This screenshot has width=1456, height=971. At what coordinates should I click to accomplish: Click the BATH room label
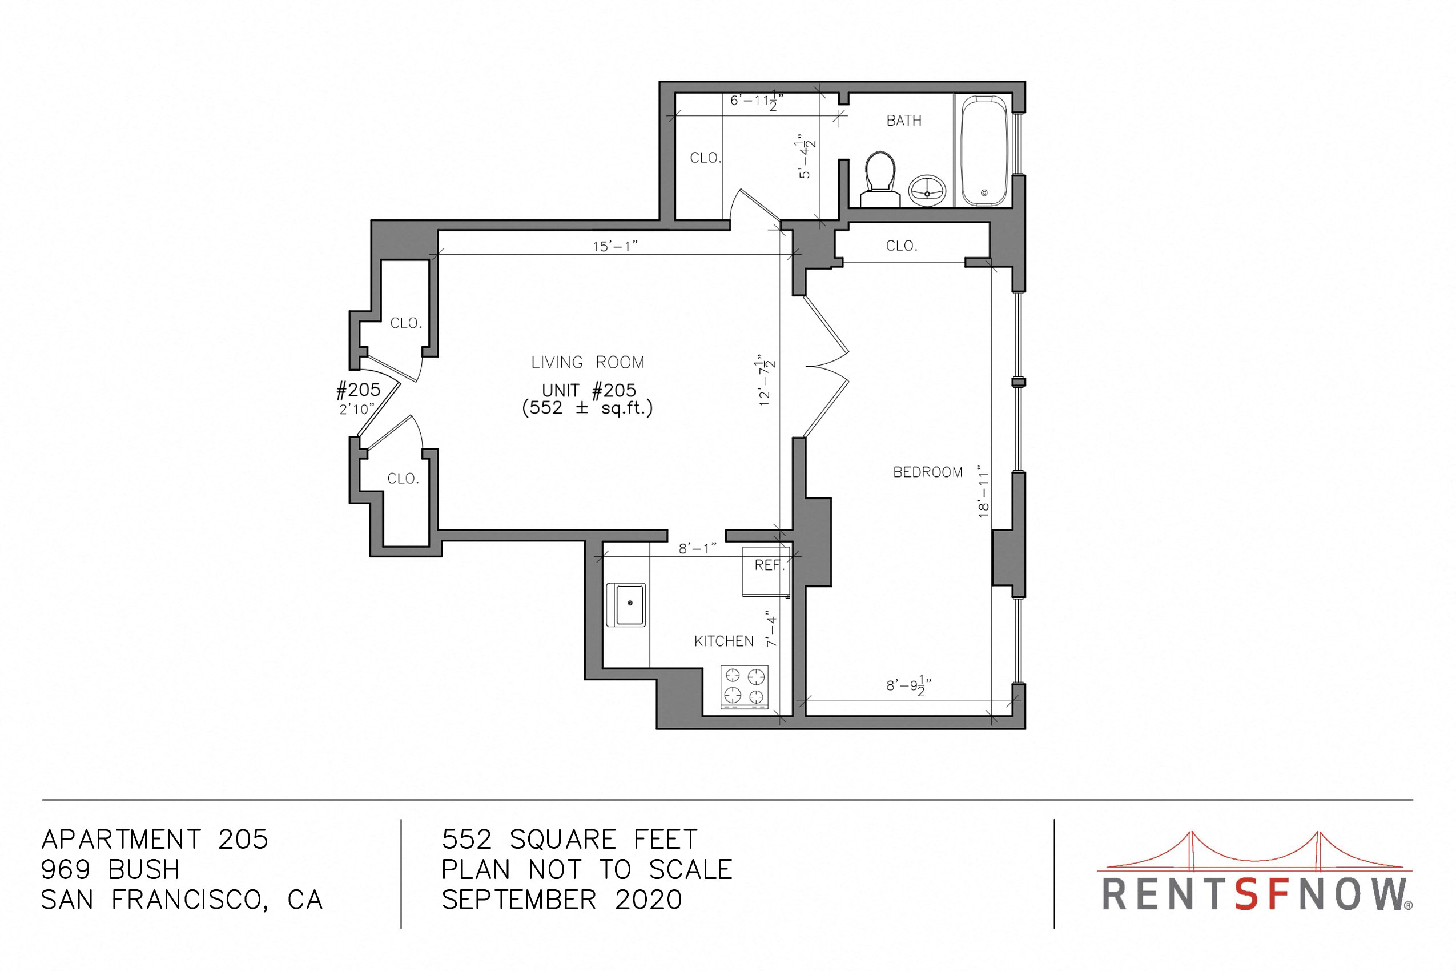(904, 120)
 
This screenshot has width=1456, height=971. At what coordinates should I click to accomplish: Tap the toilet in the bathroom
(880, 179)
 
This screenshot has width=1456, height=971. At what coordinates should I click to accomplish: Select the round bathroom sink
(927, 190)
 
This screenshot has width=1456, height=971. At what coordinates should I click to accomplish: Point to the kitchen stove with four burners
(744, 687)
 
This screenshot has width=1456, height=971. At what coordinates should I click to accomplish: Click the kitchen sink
(626, 604)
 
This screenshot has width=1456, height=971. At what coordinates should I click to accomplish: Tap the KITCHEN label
(723, 641)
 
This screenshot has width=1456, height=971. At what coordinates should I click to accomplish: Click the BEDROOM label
(927, 472)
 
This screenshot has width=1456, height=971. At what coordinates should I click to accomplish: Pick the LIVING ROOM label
(588, 362)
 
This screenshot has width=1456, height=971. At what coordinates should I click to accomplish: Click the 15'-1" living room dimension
(614, 247)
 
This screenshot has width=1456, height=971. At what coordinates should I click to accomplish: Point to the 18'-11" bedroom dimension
(984, 491)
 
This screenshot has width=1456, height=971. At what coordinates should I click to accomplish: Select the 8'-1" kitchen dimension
(698, 548)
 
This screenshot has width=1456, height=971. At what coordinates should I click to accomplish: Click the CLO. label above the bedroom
(902, 246)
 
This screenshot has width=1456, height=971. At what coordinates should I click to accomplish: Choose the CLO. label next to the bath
(706, 158)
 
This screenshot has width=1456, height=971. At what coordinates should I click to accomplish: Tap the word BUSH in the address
(144, 870)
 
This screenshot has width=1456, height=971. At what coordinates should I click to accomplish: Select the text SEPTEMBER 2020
(562, 900)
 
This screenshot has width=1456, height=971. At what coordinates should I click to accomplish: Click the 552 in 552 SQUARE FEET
(466, 840)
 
